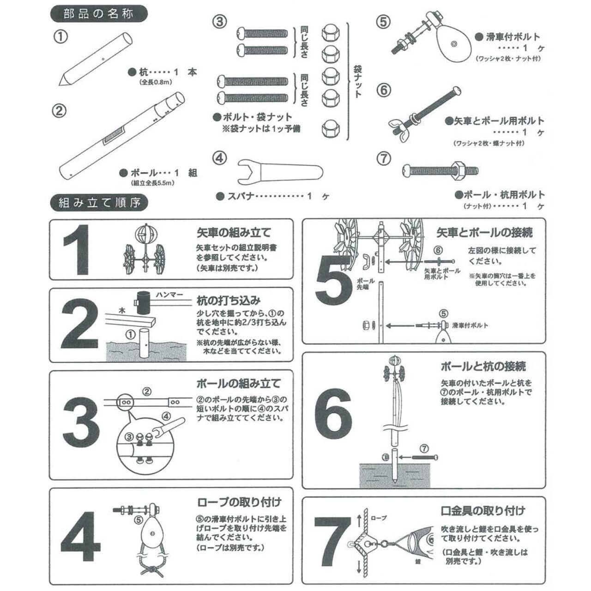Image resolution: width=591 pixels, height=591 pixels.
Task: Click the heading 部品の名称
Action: click(98, 14)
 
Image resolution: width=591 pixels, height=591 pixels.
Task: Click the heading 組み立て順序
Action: click(98, 202)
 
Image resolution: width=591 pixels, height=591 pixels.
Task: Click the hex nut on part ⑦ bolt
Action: click(459, 169)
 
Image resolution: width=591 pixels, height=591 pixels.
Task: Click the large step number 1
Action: click(77, 250)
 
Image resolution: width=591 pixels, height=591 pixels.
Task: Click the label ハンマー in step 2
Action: click(169, 295)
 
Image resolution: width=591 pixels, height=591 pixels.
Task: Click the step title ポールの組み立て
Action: click(238, 384)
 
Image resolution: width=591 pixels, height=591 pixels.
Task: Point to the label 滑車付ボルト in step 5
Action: click(470, 326)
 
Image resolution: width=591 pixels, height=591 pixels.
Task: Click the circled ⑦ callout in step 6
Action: click(424, 448)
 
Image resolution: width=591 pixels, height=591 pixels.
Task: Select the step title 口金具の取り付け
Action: click(482, 511)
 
